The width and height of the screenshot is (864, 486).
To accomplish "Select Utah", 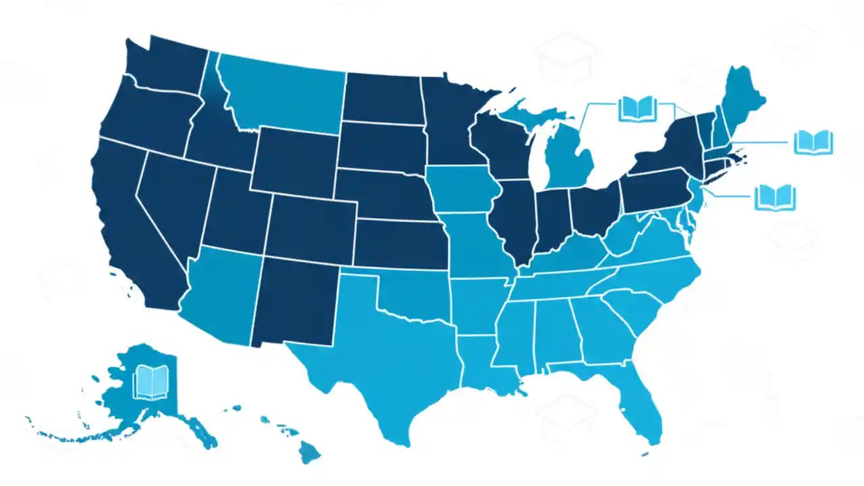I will tap(236, 209).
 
